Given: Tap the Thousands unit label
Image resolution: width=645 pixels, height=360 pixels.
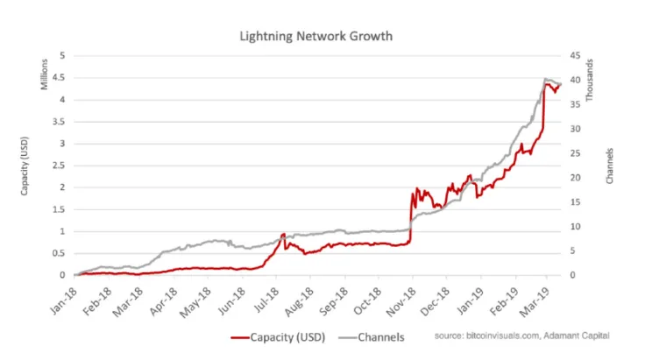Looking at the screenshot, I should point(592,74).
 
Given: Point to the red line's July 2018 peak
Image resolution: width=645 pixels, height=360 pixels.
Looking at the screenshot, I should point(284,234).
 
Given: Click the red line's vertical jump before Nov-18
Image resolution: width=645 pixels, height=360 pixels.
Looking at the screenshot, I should point(411,219).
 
